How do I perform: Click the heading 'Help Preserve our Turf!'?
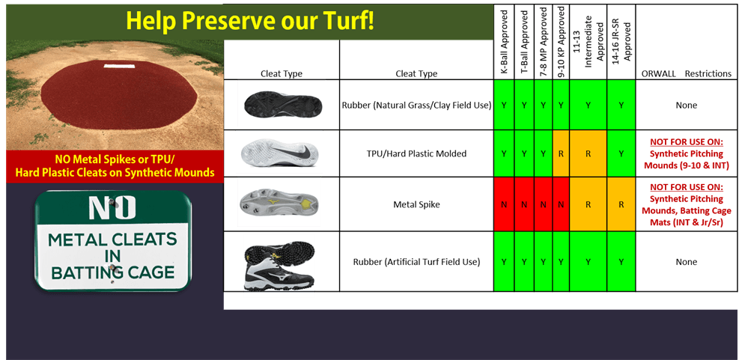click(x=250, y=20)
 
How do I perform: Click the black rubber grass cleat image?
click(x=281, y=104)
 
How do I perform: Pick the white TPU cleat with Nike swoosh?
click(x=279, y=153)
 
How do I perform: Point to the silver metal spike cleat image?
click(x=279, y=202)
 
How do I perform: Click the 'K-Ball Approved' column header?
click(x=503, y=42)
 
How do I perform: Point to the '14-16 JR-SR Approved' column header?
click(x=621, y=42)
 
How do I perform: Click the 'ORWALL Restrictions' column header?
click(x=686, y=73)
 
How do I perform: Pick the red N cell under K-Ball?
click(x=503, y=204)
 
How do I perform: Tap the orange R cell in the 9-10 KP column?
click(x=560, y=153)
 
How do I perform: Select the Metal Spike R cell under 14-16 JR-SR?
click(x=621, y=204)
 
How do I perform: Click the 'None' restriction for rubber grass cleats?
click(x=686, y=106)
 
